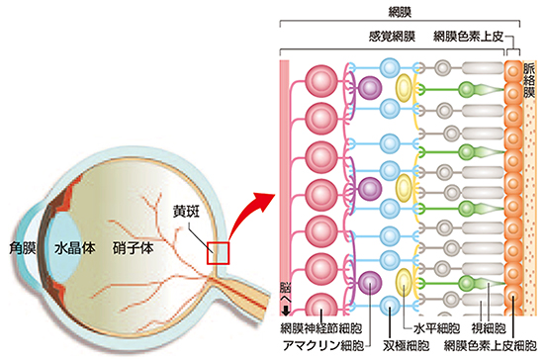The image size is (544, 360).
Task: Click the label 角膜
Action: point(22,249)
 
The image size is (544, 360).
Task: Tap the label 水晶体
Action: point(75,249)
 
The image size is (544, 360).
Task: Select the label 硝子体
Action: point(132,249)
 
